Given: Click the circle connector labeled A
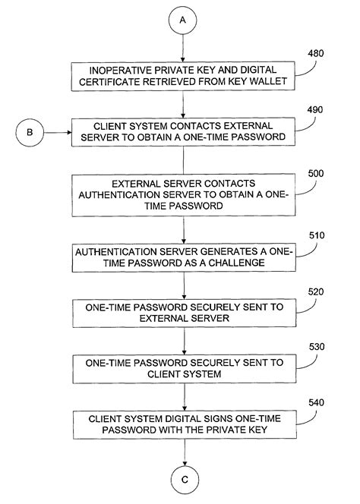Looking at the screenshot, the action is point(183,20).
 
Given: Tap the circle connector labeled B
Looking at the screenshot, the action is point(30,132).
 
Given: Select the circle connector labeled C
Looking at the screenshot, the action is point(185,480).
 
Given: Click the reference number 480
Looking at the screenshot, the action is point(316,53).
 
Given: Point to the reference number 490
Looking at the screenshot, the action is point(315,110).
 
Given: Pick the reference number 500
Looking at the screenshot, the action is point(316,174).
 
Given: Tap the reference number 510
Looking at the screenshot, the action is point(317,235).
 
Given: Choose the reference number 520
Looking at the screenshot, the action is point(316,292).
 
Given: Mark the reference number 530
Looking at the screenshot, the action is point(317,347).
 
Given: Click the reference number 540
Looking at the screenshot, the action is point(316,403).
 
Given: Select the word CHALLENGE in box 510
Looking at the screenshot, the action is point(237,263).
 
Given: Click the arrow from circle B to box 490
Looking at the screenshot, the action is point(58,132).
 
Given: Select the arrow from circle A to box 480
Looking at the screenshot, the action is point(183,48).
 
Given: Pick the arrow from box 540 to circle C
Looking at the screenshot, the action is point(185,452).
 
